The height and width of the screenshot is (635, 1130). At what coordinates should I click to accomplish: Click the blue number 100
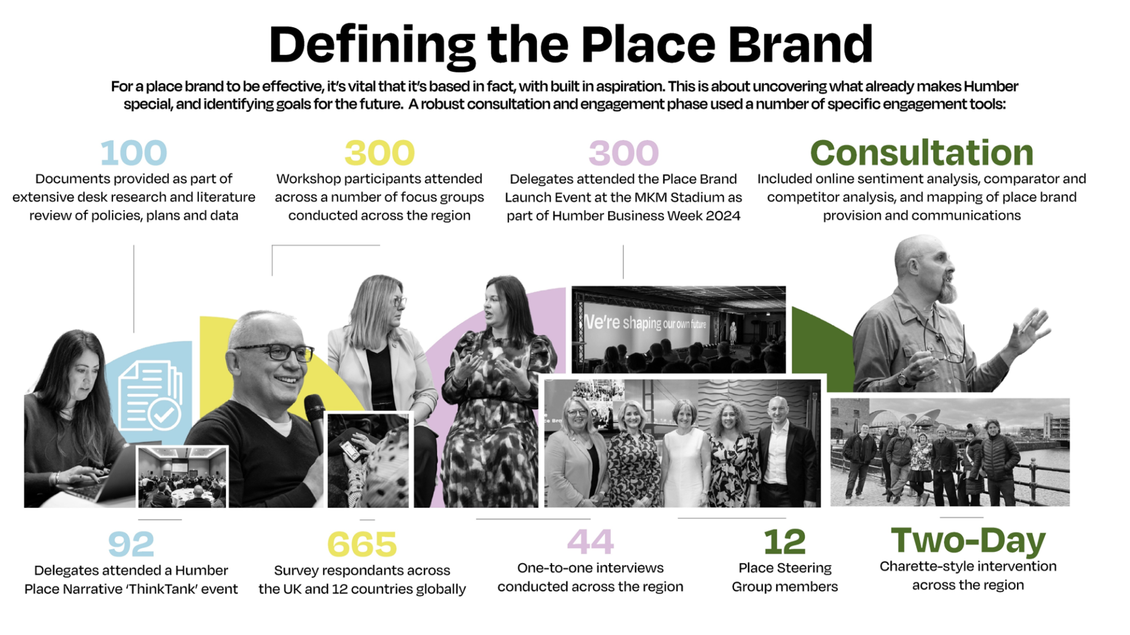tap(134, 153)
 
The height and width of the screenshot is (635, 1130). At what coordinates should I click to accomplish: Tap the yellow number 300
tap(380, 153)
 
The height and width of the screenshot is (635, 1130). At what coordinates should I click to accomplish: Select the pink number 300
tap(623, 153)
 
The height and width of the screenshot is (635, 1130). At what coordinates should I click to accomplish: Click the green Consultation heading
tap(922, 153)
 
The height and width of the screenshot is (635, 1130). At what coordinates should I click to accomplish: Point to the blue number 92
tap(131, 544)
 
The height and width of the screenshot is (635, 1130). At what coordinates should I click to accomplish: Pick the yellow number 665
tap(362, 544)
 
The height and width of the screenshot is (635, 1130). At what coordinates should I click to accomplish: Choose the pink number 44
tap(590, 542)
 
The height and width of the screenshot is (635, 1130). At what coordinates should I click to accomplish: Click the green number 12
tap(785, 542)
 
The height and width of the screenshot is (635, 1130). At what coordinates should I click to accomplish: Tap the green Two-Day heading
tap(968, 541)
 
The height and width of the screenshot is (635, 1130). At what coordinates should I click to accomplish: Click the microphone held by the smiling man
tap(315, 420)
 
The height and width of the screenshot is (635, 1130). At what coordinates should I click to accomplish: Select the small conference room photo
tap(182, 477)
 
